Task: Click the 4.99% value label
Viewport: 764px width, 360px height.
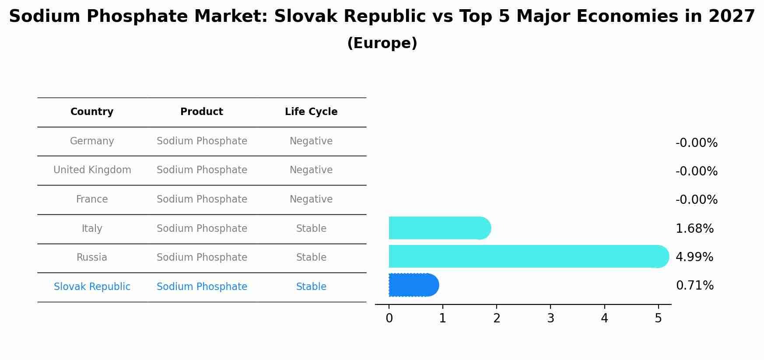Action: tap(694, 257)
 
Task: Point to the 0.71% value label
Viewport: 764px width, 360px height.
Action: tap(694, 286)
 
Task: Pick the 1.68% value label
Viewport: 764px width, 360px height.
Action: tap(694, 229)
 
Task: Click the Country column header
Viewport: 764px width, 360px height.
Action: tap(92, 112)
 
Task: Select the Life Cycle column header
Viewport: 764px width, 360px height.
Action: tap(311, 112)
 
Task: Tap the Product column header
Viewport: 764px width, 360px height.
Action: tap(202, 112)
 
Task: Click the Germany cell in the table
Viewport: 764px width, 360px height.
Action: tap(92, 141)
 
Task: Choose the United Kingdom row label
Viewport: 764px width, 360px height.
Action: tap(92, 170)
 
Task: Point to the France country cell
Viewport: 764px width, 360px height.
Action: tap(92, 199)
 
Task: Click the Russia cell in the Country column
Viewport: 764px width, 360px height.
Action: tap(92, 258)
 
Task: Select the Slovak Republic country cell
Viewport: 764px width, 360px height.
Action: tap(92, 287)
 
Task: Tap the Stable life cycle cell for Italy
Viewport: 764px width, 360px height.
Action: tap(311, 229)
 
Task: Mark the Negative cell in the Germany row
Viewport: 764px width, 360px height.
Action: tap(311, 141)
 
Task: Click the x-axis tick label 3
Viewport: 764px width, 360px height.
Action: tap(550, 318)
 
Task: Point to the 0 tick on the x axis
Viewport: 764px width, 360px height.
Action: tap(389, 318)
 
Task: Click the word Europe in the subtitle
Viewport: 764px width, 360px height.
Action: tap(382, 43)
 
